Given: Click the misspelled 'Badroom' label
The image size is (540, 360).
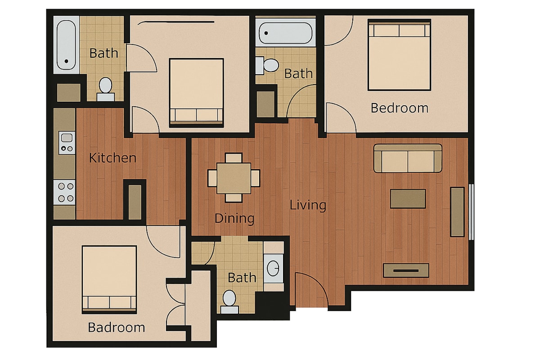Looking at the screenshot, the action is tap(117, 328).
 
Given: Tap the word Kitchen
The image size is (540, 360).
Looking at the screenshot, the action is tap(112, 158).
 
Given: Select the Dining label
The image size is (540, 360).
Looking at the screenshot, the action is tap(234, 218).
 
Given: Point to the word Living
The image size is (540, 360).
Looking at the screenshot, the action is tap(308, 206).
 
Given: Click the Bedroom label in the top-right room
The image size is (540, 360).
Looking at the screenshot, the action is tap(400, 108).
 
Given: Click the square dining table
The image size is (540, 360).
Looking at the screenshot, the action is tap(234, 178).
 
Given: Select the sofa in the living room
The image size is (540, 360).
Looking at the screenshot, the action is tap(408, 158).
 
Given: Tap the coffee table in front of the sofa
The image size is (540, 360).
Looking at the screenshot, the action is tap(408, 198).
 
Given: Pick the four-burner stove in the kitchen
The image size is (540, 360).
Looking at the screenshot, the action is tap(64, 192).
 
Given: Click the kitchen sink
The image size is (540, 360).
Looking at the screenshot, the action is tap(67, 143).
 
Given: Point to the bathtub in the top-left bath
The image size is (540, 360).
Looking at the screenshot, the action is tap(66, 45).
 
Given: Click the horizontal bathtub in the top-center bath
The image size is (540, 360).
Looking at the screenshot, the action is tap(285, 33).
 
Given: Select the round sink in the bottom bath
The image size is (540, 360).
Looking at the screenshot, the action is tap(273, 268).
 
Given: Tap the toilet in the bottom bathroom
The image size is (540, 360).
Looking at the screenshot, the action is tap(229, 301).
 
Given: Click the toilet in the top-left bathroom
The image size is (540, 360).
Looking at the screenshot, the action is tap(106, 89).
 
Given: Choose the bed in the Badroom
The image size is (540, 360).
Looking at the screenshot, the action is tap(109, 280).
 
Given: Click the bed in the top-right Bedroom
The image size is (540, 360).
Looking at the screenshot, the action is tap(399, 55).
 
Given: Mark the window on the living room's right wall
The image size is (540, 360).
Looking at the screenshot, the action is tap(472, 212).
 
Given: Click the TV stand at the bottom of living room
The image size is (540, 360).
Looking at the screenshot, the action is tap(406, 270).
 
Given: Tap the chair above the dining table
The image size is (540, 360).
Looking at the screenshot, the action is tap(234, 158).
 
